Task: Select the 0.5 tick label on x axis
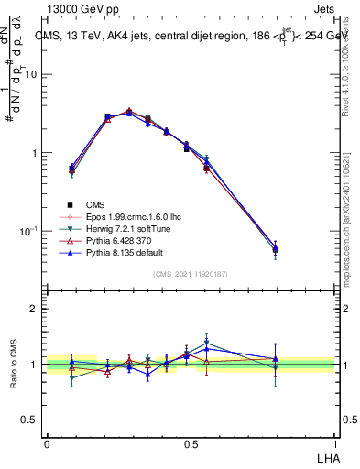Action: tap(191, 443)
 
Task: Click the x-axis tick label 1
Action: tap(335, 443)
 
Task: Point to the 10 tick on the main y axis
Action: tap(30, 75)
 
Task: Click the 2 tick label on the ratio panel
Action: tap(34, 309)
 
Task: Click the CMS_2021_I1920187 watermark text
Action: tap(191, 274)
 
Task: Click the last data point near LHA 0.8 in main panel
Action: tap(276, 249)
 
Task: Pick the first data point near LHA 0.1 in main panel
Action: tap(71, 169)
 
